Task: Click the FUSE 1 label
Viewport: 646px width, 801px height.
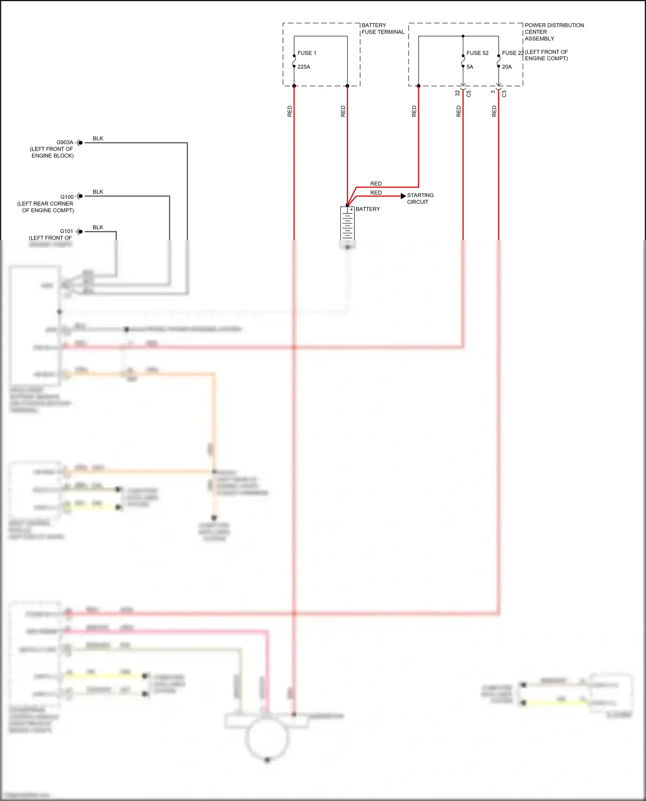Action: tap(307, 53)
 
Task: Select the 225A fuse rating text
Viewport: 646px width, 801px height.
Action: tap(304, 67)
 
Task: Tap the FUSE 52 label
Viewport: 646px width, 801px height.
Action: tap(477, 53)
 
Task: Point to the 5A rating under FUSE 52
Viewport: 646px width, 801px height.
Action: tap(470, 67)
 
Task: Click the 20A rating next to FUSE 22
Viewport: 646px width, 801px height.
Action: tap(507, 67)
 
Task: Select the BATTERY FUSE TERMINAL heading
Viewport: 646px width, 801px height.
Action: tap(382, 28)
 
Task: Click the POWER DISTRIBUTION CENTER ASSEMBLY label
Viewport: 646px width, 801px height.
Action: tap(554, 32)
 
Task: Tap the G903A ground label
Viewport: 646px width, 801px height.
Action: tap(65, 142)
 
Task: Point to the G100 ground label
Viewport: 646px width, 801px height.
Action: tap(67, 197)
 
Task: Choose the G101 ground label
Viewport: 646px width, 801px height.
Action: tap(66, 231)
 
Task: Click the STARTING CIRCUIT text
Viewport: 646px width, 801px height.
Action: tap(420, 198)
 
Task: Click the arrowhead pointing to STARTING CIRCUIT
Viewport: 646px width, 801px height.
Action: tap(403, 196)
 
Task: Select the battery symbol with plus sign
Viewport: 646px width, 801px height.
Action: tap(347, 223)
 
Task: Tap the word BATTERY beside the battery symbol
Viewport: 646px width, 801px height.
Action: tap(368, 209)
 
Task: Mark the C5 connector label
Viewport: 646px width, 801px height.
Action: tap(469, 93)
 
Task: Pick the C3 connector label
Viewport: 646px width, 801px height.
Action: tap(504, 93)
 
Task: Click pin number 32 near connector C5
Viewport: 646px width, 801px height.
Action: tap(457, 93)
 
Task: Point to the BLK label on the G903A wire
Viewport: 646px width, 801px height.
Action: tap(98, 139)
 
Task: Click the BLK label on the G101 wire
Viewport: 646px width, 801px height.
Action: tap(98, 227)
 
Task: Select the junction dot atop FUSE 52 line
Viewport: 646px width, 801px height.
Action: tap(463, 36)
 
